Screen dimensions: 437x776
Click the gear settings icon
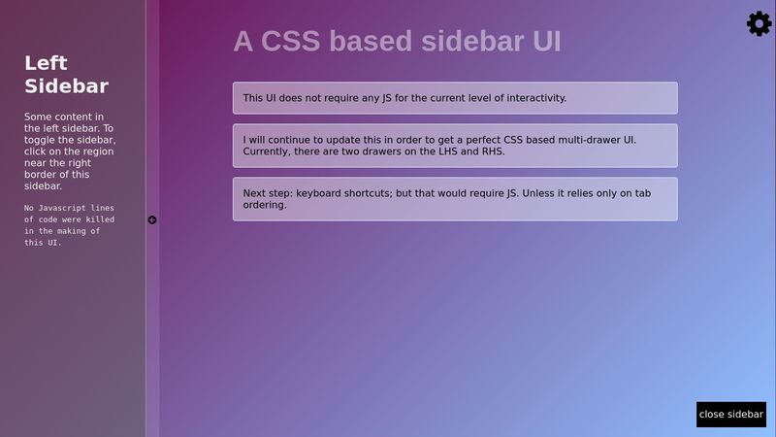759,24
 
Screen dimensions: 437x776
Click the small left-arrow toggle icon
152,220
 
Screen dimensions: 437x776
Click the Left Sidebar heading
66,75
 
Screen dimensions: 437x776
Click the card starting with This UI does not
454,98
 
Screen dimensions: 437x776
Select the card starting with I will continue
454,146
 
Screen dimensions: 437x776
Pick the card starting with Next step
454,199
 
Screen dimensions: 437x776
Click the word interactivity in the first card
532,98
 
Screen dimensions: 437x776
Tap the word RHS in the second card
492,152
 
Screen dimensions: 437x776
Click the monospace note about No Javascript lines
69,225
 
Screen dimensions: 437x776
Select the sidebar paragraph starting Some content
69,151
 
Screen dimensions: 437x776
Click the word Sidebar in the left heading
66,86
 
